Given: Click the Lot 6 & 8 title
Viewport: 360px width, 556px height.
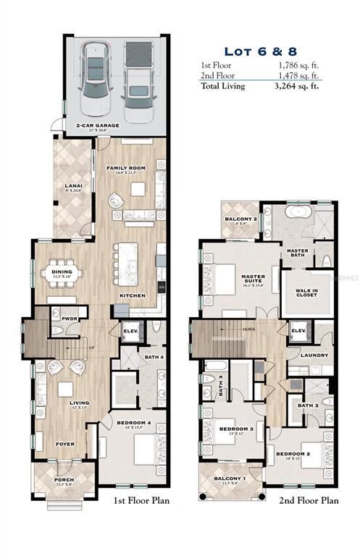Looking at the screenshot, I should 259,51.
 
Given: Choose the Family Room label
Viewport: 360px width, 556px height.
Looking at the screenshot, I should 127,168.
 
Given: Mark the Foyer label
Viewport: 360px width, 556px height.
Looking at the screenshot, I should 66,444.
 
